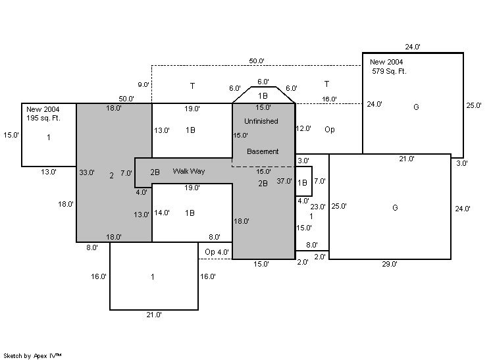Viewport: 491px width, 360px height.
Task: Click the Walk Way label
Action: (x=188, y=171)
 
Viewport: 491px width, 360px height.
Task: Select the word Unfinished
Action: (x=261, y=121)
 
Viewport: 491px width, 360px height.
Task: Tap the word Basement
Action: (x=263, y=151)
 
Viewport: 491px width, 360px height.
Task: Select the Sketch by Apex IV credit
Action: (x=32, y=355)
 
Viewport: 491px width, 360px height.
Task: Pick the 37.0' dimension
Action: (x=284, y=180)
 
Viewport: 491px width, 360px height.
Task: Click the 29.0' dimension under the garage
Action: (x=389, y=264)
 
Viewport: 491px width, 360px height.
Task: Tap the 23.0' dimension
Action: (x=318, y=207)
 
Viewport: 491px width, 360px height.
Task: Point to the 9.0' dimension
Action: (x=143, y=85)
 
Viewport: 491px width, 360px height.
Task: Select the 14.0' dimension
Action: (x=162, y=213)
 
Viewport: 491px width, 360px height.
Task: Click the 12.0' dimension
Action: (x=303, y=129)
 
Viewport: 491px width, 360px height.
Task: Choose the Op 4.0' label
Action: (x=217, y=252)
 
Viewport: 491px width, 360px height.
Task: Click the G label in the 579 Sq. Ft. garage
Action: (x=416, y=107)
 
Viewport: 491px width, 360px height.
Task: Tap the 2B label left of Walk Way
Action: (x=155, y=172)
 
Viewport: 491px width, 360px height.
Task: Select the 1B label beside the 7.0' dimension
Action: (x=302, y=183)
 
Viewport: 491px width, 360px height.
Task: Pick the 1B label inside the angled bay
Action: (x=263, y=95)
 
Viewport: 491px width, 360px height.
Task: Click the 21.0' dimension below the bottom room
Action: (x=154, y=315)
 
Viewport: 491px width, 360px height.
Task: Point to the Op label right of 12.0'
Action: (x=329, y=130)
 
